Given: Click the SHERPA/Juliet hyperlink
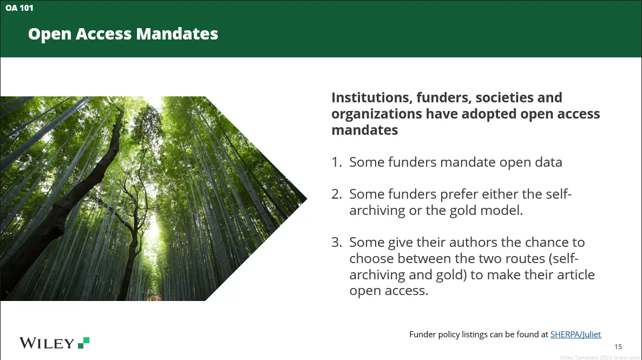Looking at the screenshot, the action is point(575,335).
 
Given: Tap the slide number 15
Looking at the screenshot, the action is point(618,347).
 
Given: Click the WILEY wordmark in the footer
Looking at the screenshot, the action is point(47,343).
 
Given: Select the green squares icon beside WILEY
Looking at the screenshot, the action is point(83,343).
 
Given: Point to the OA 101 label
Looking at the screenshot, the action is point(19,8).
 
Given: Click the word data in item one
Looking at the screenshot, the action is point(550,162).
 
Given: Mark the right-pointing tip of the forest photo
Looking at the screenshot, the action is point(307,199).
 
